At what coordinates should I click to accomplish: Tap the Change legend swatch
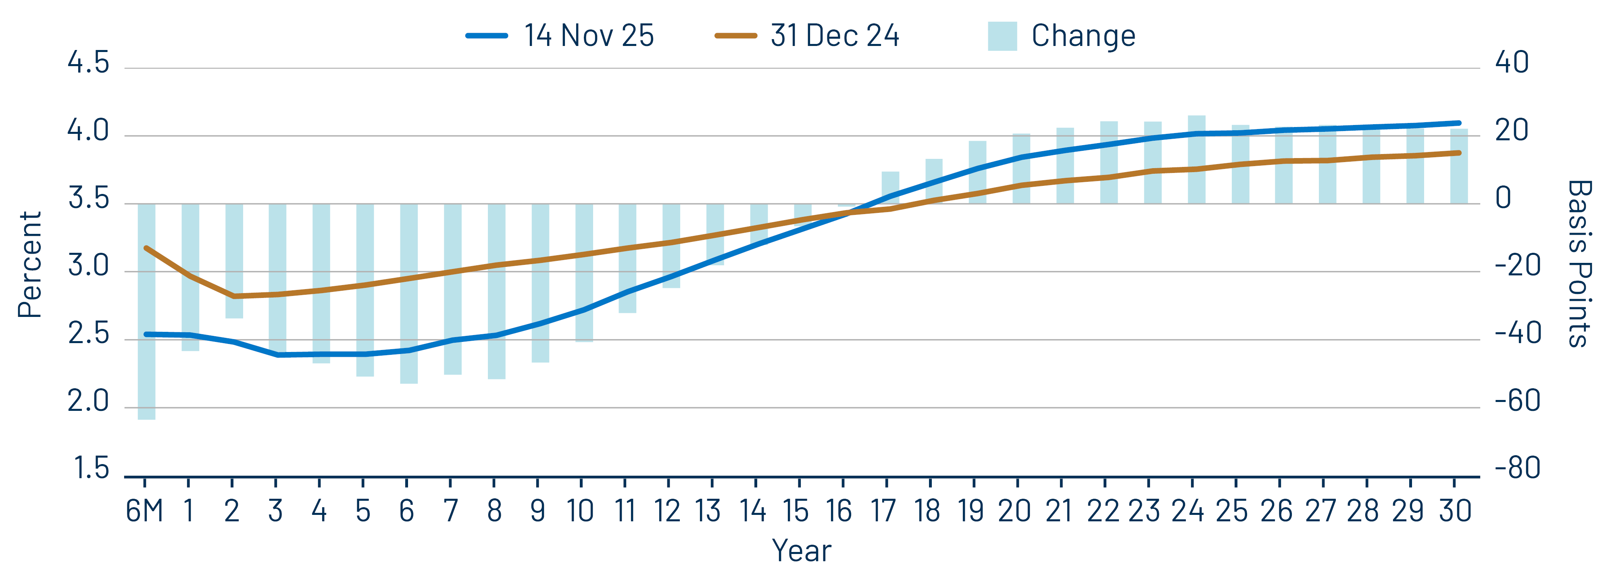(x=1002, y=35)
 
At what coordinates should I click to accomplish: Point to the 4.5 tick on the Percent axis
(x=88, y=62)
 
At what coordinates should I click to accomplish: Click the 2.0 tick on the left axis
(x=88, y=402)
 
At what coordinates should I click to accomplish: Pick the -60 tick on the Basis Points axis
(x=1517, y=401)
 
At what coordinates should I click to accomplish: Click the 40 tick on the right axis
(x=1511, y=62)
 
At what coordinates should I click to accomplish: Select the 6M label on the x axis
(x=144, y=511)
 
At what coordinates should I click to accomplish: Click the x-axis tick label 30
(x=1455, y=511)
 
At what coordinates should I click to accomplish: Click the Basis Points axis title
(x=1579, y=264)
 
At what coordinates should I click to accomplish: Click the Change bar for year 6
(x=409, y=294)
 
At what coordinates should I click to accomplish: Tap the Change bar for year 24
(x=1196, y=159)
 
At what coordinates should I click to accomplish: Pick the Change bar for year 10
(x=584, y=273)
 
